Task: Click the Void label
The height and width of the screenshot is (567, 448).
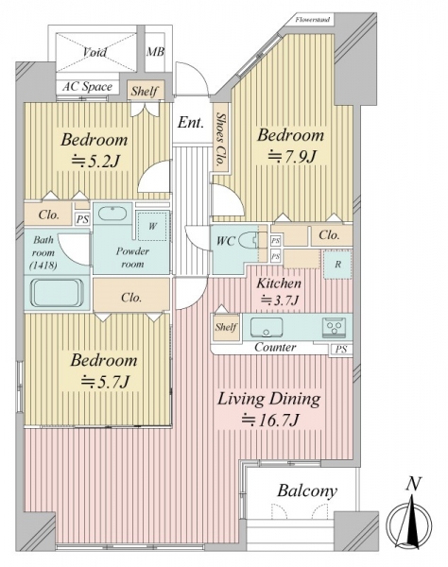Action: [95, 52]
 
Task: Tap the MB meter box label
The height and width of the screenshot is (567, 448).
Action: [155, 52]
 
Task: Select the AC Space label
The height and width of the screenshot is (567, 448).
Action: [87, 87]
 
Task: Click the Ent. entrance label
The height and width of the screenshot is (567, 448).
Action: [191, 122]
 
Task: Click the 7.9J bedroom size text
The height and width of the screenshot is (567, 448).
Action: [292, 157]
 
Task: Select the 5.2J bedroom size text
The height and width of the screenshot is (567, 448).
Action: [95, 162]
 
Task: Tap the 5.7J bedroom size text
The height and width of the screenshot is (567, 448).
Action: [105, 382]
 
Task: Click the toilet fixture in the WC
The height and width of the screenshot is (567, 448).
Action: [250, 240]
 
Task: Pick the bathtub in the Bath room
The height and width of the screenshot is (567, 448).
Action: [56, 293]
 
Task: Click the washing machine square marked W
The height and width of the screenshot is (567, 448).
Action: [152, 227]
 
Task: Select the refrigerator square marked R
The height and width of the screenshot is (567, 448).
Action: [337, 265]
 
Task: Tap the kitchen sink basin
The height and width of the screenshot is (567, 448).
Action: [267, 328]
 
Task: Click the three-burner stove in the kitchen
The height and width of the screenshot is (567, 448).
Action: [334, 328]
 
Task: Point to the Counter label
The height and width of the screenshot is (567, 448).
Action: [275, 347]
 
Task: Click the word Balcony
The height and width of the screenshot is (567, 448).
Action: [307, 491]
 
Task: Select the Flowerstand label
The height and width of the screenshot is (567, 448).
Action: [313, 20]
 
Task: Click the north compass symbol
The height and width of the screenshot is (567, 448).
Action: [409, 520]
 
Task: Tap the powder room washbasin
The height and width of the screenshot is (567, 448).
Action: [112, 214]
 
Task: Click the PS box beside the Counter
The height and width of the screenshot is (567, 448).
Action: [341, 350]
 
